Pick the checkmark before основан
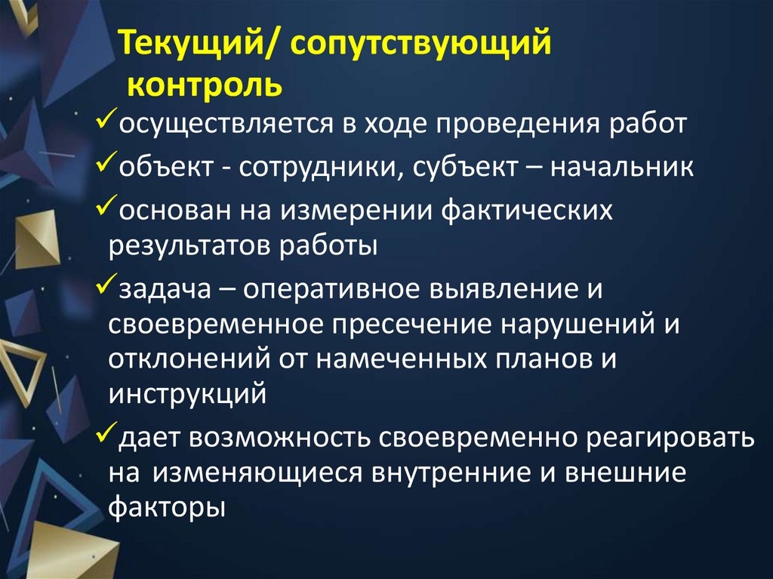pyautogui.click(x=106, y=206)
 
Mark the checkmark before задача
pyautogui.click(x=106, y=286)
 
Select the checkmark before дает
pyautogui.click(x=106, y=434)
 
